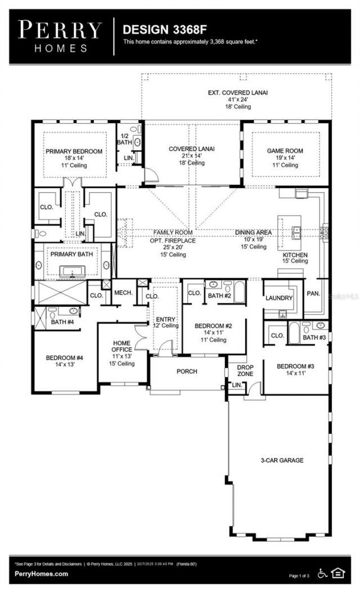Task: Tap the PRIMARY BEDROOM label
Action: tap(74, 151)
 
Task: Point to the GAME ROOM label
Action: tap(285, 151)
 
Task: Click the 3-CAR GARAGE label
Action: tap(282, 460)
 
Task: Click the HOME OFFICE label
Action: tap(121, 347)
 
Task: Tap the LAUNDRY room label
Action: tap(279, 298)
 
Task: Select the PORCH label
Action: tap(187, 371)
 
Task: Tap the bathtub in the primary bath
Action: tap(73, 272)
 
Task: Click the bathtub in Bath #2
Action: tap(238, 293)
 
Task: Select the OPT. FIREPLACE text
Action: tap(173, 240)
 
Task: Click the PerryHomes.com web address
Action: tap(42, 574)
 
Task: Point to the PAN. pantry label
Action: tap(313, 293)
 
